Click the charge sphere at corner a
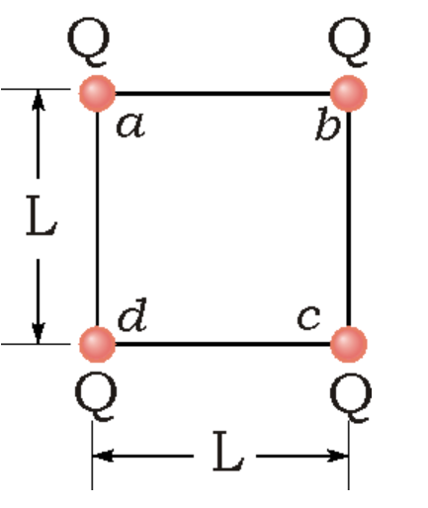(x=96, y=94)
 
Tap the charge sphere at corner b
(x=348, y=94)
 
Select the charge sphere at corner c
(x=348, y=344)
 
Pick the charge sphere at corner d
(x=96, y=344)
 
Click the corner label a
(x=128, y=127)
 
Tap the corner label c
(x=309, y=319)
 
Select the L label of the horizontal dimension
(x=224, y=457)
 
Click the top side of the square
(x=222, y=94)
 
